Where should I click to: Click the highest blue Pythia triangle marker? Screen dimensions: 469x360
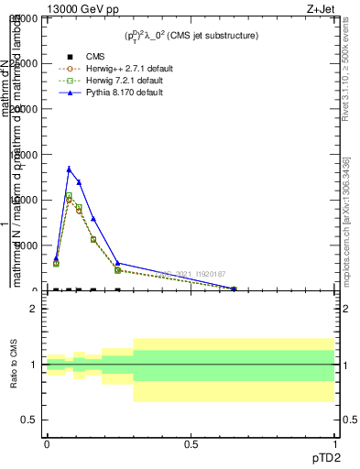pos(69,169)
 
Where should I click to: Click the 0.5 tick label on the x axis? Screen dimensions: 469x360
pos(191,443)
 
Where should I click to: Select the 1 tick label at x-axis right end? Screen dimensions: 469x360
pos(335,443)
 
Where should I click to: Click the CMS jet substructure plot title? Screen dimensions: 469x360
pos(191,36)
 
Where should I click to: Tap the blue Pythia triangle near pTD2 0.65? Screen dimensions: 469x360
pos(234,289)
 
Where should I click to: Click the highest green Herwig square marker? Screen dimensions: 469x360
pos(69,195)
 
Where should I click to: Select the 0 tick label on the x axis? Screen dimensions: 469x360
pos(47,443)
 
